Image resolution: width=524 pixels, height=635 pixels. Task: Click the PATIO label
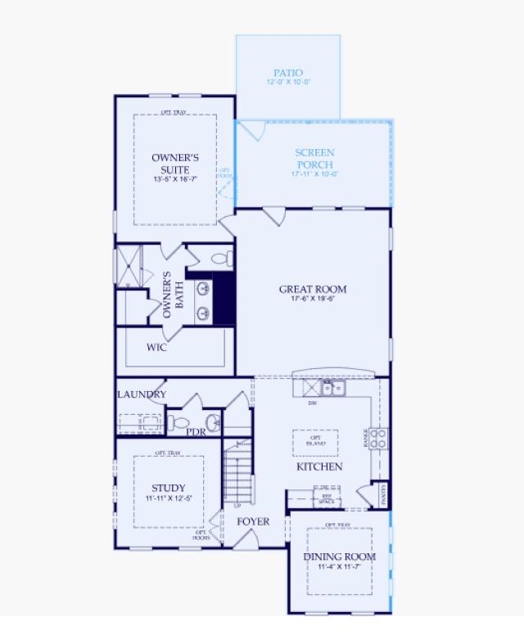coord(288,74)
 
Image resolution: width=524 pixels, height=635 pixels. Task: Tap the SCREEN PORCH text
coord(314,159)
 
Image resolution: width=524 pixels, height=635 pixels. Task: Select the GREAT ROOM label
coord(313,289)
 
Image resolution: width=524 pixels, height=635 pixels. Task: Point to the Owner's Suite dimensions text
coord(175,179)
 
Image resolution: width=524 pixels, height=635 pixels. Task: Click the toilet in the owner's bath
coord(219,259)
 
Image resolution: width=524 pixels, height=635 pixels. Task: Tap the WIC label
coord(156,347)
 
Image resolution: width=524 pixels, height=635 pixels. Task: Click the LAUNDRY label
coord(142,394)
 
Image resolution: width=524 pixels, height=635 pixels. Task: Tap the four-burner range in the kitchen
coord(378,438)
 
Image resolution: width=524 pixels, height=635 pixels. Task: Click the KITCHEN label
coord(319,466)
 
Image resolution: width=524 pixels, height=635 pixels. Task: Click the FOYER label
coord(253,521)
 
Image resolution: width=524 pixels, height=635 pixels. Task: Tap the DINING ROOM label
coord(340,556)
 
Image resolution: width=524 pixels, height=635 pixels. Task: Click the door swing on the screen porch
coord(251,129)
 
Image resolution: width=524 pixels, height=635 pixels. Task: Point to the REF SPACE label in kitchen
coord(326,497)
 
